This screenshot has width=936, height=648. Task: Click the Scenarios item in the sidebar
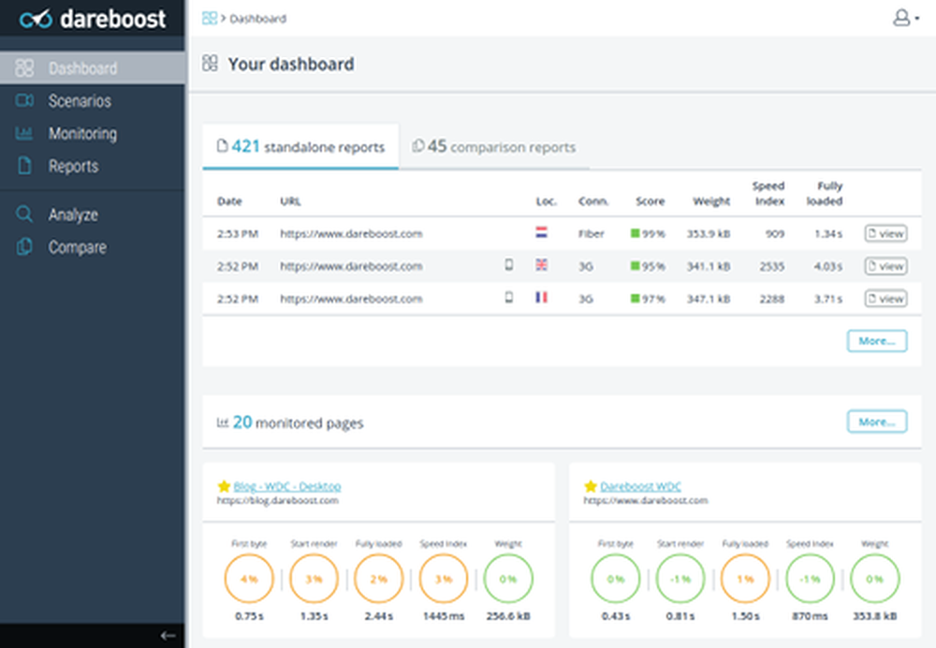tap(79, 101)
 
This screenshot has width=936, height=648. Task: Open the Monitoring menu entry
tap(81, 134)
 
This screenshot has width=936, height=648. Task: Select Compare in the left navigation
tap(76, 247)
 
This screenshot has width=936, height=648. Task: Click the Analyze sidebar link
tap(72, 214)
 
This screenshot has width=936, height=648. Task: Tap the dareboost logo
tap(93, 18)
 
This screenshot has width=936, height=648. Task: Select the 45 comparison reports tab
tap(494, 147)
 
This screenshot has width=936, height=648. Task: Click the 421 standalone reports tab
tap(300, 147)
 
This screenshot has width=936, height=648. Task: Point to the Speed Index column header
tap(768, 193)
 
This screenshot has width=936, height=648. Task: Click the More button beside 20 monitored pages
tap(876, 421)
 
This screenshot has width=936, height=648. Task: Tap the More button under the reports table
tap(876, 341)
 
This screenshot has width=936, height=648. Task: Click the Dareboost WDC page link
tap(640, 486)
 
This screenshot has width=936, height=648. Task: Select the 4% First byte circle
tap(248, 580)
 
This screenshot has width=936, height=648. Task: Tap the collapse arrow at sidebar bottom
tap(168, 635)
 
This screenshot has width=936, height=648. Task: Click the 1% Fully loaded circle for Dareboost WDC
tap(745, 580)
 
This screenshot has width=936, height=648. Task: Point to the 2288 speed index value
tap(771, 299)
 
